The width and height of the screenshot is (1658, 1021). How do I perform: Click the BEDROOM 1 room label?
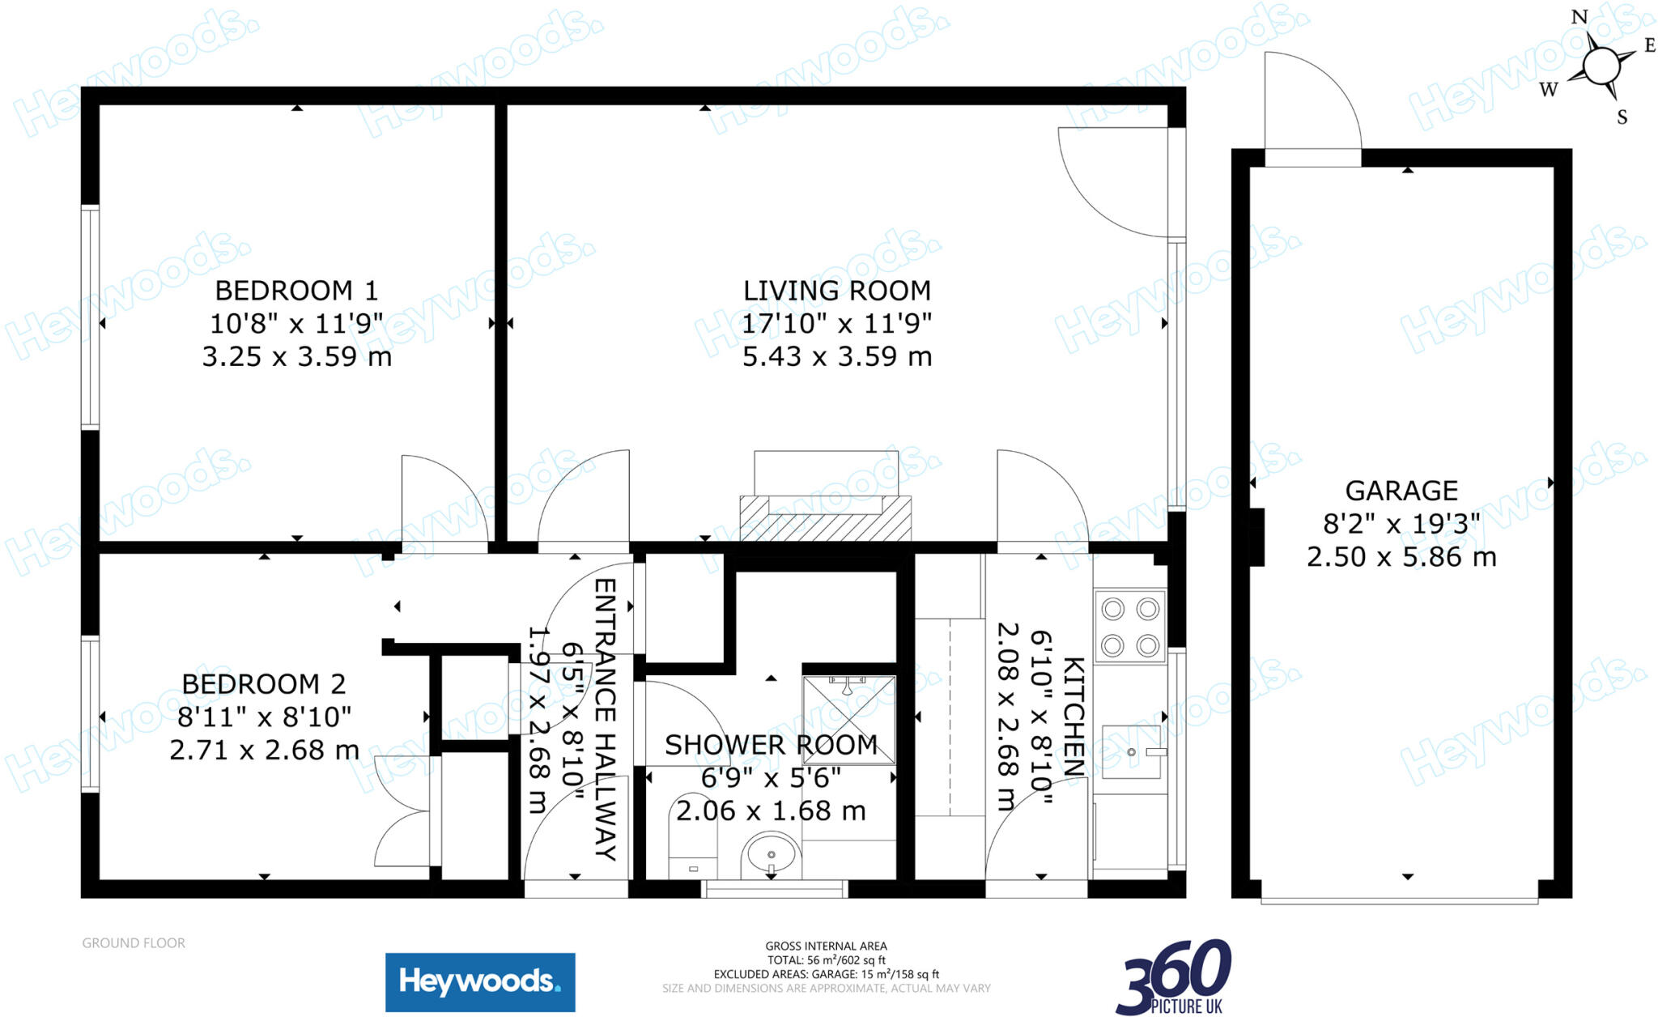coord(296,290)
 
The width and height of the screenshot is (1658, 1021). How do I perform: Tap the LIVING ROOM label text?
coord(836,291)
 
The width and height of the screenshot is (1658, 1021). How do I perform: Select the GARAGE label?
coord(1401,491)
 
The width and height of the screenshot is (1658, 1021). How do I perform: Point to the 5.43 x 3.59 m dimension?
coord(836,356)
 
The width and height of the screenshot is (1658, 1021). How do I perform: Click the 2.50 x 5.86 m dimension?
coord(1401,557)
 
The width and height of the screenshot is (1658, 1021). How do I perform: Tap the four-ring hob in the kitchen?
coord(1130,627)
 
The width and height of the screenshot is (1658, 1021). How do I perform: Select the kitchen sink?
coord(1131,753)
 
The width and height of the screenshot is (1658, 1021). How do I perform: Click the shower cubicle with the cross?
coord(848,720)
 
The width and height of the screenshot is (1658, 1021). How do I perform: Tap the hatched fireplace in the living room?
coord(825,519)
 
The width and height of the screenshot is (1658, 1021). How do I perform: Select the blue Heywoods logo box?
coord(480,982)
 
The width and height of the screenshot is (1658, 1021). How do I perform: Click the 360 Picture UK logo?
coord(1173,977)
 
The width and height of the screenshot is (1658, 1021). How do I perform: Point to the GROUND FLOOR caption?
coord(134,943)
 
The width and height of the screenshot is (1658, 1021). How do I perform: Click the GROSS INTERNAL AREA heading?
coord(826,946)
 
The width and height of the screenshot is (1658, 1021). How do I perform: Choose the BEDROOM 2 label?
coord(264,684)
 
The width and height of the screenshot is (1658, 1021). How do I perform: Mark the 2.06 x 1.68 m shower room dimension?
coord(771,810)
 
